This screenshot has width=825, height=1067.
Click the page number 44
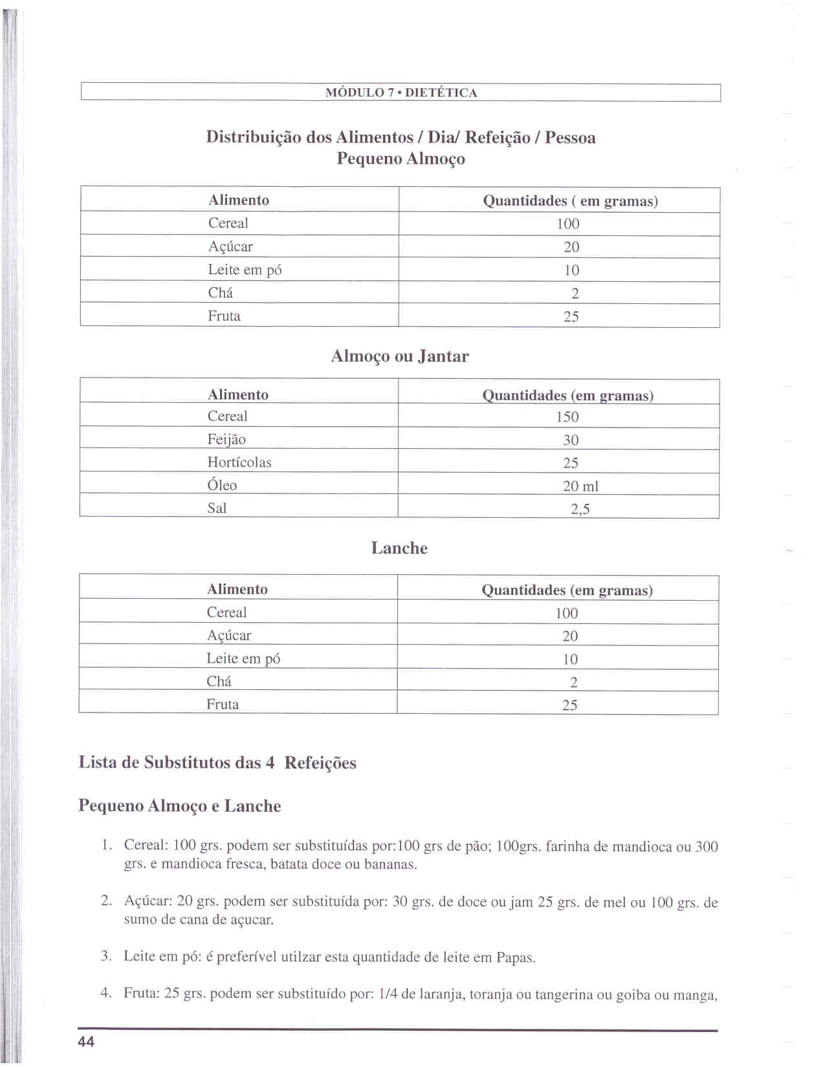tap(86, 1041)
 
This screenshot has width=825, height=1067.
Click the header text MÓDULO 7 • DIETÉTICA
tap(401, 92)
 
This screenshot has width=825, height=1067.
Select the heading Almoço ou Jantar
tap(400, 356)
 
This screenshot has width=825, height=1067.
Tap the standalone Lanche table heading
tap(399, 548)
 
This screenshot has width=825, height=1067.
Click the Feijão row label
tap(226, 440)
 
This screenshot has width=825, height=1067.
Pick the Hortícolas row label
tap(239, 462)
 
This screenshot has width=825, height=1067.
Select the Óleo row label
tap(222, 485)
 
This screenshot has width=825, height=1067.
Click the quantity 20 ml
tap(580, 486)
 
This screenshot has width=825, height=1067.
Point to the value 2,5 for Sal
tap(580, 509)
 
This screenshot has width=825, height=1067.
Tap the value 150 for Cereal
tap(567, 417)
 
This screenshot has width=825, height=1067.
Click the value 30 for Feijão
tap(570, 440)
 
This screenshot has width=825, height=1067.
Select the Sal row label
tap(217, 508)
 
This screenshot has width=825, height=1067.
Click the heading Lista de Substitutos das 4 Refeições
tap(217, 762)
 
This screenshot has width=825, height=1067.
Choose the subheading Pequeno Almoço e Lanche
tap(180, 806)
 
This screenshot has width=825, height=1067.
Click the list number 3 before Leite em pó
tap(106, 956)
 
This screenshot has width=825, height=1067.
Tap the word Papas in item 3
tap(515, 958)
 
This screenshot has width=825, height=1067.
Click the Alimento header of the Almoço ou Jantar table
tap(238, 394)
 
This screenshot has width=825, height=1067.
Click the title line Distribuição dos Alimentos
tap(401, 137)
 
